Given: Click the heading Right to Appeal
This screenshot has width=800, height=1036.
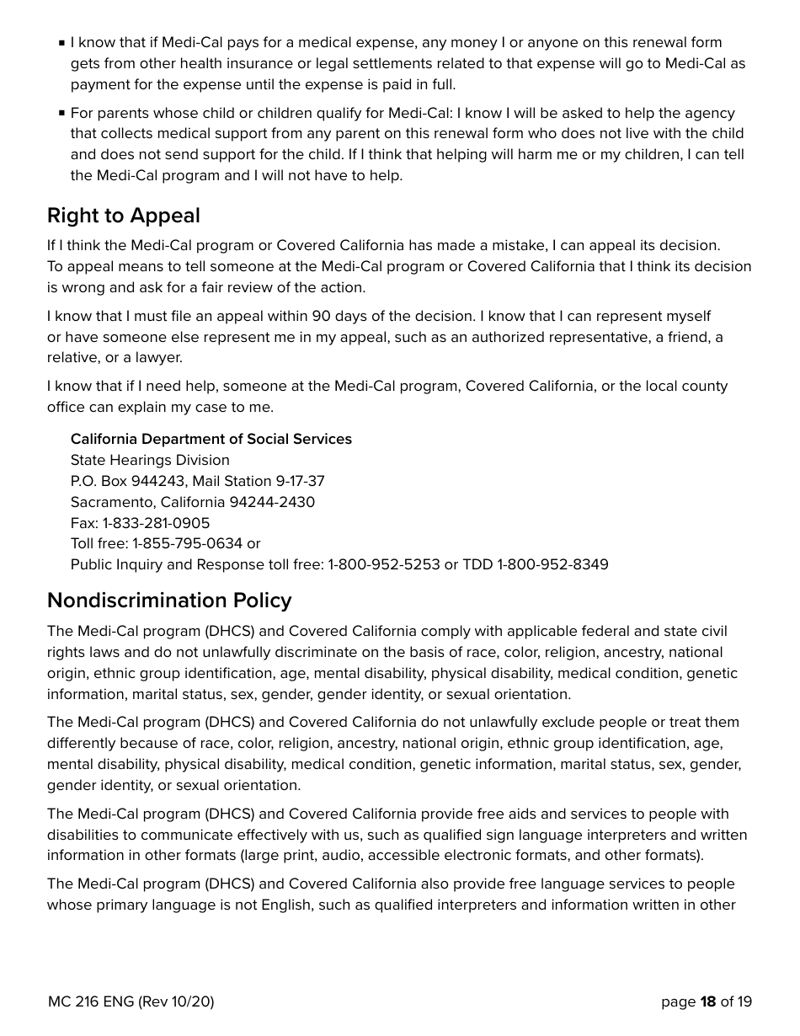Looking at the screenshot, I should tap(124, 216).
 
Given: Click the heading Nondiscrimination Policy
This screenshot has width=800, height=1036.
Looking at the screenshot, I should tap(169, 601).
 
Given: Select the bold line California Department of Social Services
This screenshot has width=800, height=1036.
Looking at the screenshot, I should tap(211, 439).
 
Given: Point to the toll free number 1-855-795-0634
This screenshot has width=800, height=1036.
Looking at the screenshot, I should tap(187, 543).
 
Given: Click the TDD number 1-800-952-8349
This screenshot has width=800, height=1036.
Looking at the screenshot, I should tap(552, 564).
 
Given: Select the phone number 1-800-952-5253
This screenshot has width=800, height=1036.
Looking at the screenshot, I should tap(384, 564).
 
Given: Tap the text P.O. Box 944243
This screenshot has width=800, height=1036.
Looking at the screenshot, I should tap(127, 481).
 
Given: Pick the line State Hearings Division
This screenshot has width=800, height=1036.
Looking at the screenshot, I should tap(150, 460).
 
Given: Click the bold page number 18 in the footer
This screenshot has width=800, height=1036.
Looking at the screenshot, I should tap(707, 1001).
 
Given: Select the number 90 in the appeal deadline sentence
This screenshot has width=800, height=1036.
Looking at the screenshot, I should tap(321, 316).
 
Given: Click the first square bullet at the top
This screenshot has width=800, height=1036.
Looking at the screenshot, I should tap(61, 43).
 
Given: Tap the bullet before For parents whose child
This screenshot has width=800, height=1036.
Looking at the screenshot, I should tap(61, 113).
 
